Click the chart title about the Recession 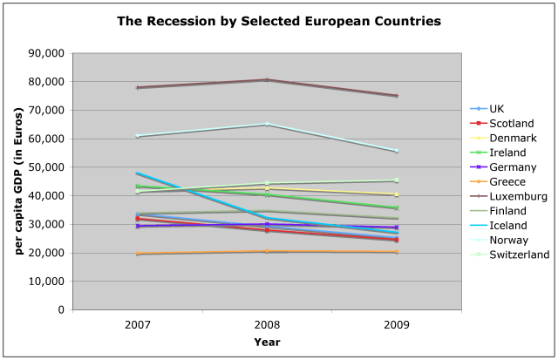point(278,19)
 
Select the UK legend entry point(497,109)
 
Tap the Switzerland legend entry point(520,255)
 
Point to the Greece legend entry point(507,182)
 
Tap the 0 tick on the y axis point(60,309)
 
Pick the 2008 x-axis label point(267,324)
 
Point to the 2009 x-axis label point(397,324)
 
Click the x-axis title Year point(267,342)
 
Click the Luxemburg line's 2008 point point(267,80)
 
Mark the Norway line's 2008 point point(267,124)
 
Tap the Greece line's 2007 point point(138,254)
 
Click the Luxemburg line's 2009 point point(397,96)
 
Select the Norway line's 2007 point point(138,136)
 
